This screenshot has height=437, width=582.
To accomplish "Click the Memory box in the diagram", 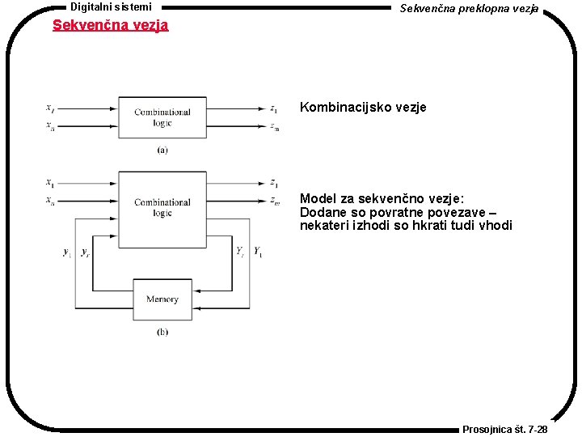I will (x=162, y=299).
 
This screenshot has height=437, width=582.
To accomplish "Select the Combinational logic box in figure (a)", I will (x=162, y=117).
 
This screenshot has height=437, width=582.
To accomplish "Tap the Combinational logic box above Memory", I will (x=162, y=208).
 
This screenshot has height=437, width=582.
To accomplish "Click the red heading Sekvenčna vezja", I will (x=110, y=25).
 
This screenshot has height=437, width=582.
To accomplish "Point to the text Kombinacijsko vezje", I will (x=363, y=107).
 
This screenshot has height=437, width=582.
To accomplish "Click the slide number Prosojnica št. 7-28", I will (x=504, y=429).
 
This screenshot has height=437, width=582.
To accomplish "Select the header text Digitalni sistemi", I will (x=111, y=6).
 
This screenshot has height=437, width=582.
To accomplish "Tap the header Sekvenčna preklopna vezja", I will (x=469, y=7).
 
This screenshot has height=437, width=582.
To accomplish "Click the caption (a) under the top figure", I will (x=162, y=150).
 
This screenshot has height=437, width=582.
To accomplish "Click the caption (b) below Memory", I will (x=162, y=332).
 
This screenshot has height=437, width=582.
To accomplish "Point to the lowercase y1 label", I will (x=67, y=252).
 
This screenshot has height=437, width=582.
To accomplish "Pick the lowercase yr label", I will (x=85, y=252).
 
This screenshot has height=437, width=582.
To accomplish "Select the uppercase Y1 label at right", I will (x=258, y=252).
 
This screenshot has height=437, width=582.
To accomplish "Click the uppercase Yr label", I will (x=240, y=252).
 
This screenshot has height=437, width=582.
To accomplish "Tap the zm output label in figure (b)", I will (x=275, y=201).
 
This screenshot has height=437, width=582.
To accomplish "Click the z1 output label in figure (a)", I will (x=275, y=108).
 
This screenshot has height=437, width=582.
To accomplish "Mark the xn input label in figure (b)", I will (x=50, y=201).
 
